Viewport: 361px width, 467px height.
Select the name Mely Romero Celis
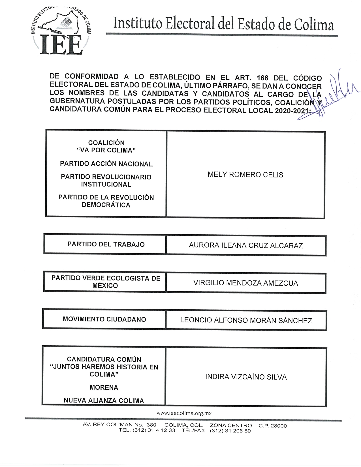[245, 175]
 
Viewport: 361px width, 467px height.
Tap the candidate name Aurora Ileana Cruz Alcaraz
[246, 245]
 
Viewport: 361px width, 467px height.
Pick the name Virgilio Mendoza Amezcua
[245, 283]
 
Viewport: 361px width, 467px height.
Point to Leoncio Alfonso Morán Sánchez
[246, 320]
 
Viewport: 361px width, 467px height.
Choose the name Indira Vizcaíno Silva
[246, 377]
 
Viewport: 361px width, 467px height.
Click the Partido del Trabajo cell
[106, 244]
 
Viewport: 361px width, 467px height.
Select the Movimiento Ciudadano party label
[104, 319]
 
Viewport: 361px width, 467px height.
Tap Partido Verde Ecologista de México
[106, 282]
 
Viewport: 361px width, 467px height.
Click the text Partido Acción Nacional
[106, 164]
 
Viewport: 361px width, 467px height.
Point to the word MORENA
[104, 387]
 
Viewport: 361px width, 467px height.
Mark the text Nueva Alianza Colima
[104, 400]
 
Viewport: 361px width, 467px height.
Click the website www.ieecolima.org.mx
[184, 413]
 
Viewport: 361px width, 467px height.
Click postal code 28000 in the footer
[279, 426]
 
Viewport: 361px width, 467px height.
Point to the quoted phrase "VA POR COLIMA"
[106, 150]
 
